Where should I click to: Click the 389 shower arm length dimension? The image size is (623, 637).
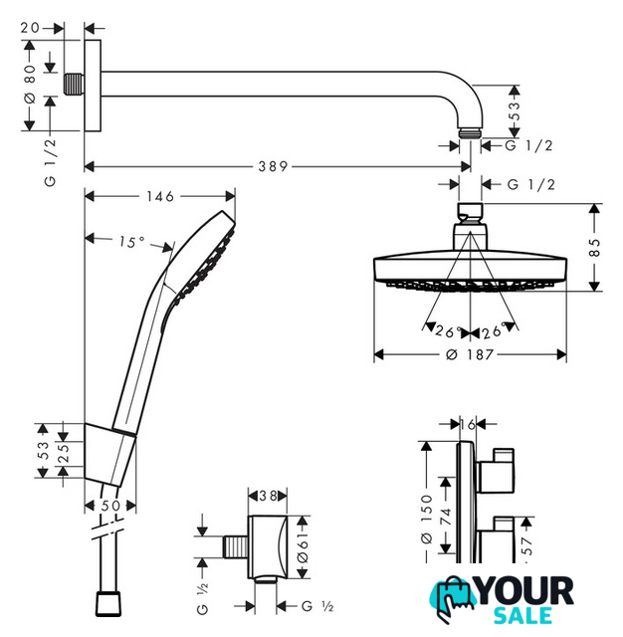point(273,166)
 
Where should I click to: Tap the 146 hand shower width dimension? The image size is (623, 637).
point(160,197)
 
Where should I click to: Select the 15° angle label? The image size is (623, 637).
point(132,242)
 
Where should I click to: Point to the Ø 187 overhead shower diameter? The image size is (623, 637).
point(470,354)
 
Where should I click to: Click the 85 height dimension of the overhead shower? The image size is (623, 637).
point(594,248)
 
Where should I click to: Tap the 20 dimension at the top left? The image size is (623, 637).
point(31,28)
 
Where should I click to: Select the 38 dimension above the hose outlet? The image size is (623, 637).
point(268,496)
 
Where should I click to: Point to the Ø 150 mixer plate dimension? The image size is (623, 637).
point(426,520)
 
